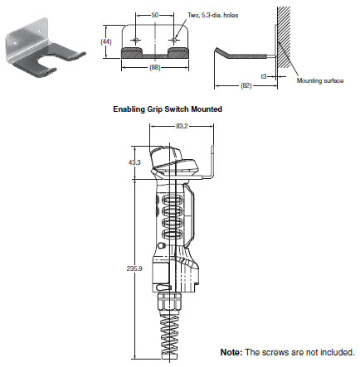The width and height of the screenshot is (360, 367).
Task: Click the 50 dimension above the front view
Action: coord(155,16)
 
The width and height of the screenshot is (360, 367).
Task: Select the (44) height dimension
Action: coord(105,40)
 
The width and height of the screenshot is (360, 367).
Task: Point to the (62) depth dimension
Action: coord(246,85)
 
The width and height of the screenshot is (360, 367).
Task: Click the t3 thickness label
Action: coord(263,75)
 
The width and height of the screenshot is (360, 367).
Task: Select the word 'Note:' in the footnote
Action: coord(232,352)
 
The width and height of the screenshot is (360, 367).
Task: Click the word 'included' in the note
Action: coord(335,352)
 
